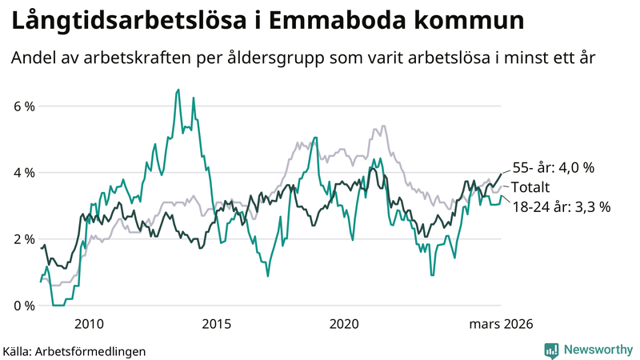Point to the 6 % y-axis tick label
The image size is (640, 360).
click(x=23, y=106)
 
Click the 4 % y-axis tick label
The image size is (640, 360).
click(x=23, y=173)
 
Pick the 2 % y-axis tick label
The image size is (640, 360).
click(x=23, y=239)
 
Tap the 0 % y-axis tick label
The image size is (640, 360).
click(x=23, y=306)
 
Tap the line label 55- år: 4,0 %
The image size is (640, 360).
click(x=553, y=168)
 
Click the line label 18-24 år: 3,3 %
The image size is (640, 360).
click(x=561, y=206)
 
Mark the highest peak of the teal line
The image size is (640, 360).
click(x=178, y=90)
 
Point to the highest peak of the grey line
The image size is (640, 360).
click(x=384, y=126)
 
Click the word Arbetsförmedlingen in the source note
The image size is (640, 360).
click(x=97, y=350)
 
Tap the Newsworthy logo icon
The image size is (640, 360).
click(x=551, y=350)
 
